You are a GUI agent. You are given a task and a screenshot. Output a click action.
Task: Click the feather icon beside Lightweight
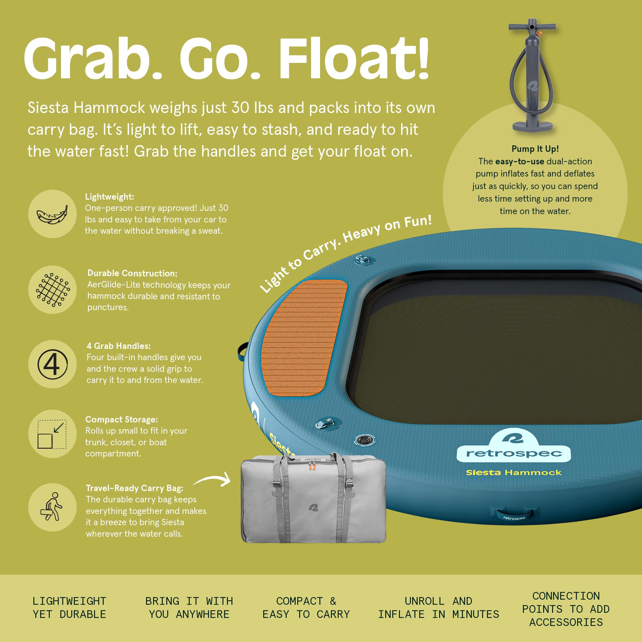click(52, 214)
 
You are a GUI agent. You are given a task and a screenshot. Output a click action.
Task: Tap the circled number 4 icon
click(53, 364)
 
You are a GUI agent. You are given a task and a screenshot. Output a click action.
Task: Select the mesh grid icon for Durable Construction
click(53, 290)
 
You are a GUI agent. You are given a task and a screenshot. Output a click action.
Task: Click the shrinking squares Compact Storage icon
click(52, 434)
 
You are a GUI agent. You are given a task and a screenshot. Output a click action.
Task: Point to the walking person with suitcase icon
click(51, 507)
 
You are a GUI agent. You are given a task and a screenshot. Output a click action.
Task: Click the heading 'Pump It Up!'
click(535, 149)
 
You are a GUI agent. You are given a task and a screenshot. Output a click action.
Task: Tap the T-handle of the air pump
click(532, 26)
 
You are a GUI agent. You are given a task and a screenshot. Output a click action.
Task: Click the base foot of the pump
click(532, 126)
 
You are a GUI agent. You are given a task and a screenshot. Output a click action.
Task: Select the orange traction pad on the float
click(304, 338)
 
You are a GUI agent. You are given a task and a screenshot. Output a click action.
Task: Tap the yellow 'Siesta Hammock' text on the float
click(513, 473)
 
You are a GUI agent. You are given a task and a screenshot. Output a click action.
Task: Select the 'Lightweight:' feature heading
click(110, 197)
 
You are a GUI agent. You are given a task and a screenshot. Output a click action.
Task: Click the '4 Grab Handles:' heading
click(119, 346)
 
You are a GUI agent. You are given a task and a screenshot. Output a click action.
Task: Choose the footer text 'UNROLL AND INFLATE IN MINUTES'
click(438, 607)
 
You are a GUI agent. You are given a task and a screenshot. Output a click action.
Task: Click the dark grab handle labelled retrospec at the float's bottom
click(514, 514)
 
